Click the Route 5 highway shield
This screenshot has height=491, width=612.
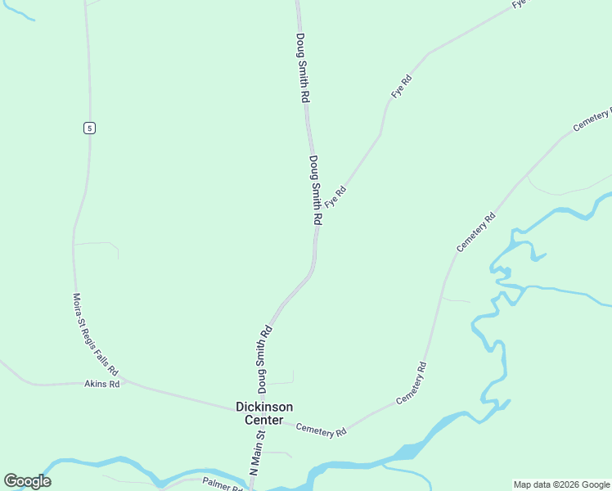pyautogui.click(x=89, y=127)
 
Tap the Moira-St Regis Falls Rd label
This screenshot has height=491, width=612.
pyautogui.click(x=94, y=335)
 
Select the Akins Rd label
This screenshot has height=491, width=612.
pyautogui.click(x=102, y=384)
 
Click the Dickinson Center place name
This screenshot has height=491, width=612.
pyautogui.click(x=263, y=413)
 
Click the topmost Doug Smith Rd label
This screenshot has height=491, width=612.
pyautogui.click(x=303, y=67)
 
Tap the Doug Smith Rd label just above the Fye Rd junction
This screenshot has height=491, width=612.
pyautogui.click(x=316, y=191)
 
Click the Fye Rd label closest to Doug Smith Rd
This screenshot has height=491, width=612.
pyautogui.click(x=335, y=196)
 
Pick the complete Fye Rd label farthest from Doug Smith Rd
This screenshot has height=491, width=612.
pyautogui.click(x=401, y=86)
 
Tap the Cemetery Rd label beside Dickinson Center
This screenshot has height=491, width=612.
pyautogui.click(x=321, y=430)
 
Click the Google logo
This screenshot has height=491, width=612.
pyautogui.click(x=27, y=481)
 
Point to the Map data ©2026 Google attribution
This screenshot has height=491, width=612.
pyautogui.click(x=561, y=484)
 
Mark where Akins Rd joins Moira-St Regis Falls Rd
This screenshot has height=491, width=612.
pyautogui.click(x=123, y=381)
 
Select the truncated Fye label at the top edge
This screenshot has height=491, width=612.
pyautogui.click(x=520, y=4)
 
